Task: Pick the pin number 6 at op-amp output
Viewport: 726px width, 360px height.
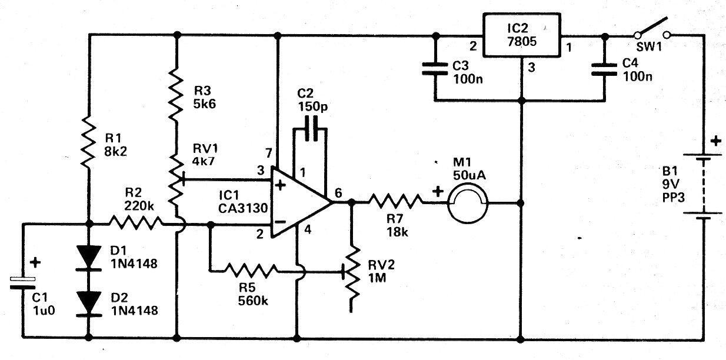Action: [338, 192]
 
